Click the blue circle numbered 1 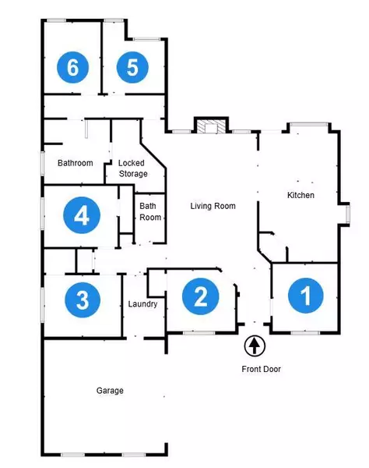(305, 296)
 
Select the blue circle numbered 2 (200, 296)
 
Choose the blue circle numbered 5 (132, 68)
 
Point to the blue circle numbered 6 (72, 68)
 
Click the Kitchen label (300, 195)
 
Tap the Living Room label (213, 206)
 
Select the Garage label (110, 390)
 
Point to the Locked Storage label (132, 168)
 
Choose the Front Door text (260, 369)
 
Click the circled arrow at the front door (255, 346)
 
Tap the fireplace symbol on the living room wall (210, 126)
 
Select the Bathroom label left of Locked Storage (76, 163)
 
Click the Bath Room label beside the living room (150, 211)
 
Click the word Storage (132, 173)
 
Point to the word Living (202, 206)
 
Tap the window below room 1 (305, 333)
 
